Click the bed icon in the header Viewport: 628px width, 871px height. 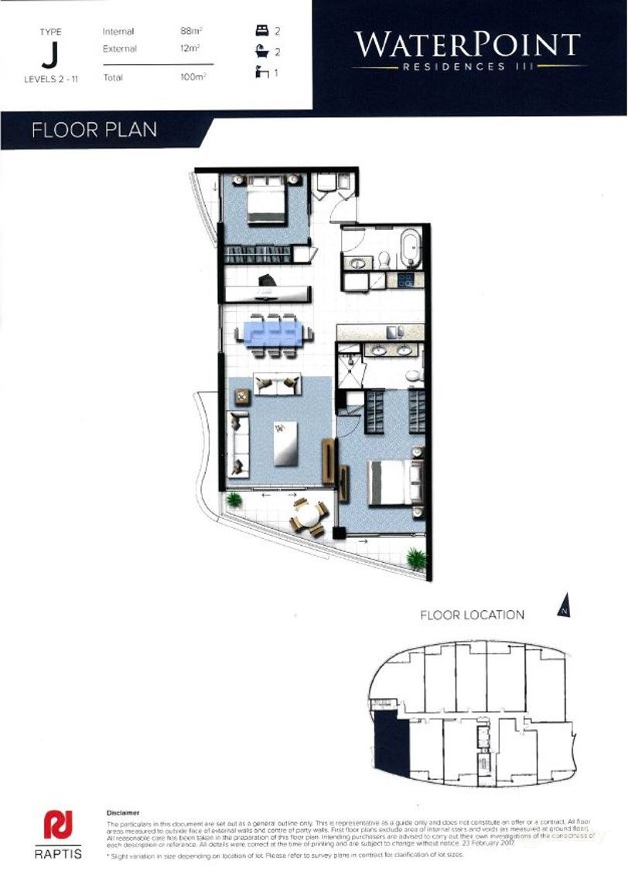261,31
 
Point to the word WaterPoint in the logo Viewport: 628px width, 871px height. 467,45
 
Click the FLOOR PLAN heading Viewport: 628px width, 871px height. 94,129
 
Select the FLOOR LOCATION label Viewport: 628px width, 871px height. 472,615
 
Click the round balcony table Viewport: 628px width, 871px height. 308,516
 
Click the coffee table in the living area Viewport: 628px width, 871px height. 285,444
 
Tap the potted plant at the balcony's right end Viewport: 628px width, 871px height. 415,557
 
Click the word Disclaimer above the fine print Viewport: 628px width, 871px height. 123,813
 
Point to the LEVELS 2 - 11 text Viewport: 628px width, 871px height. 50,78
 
